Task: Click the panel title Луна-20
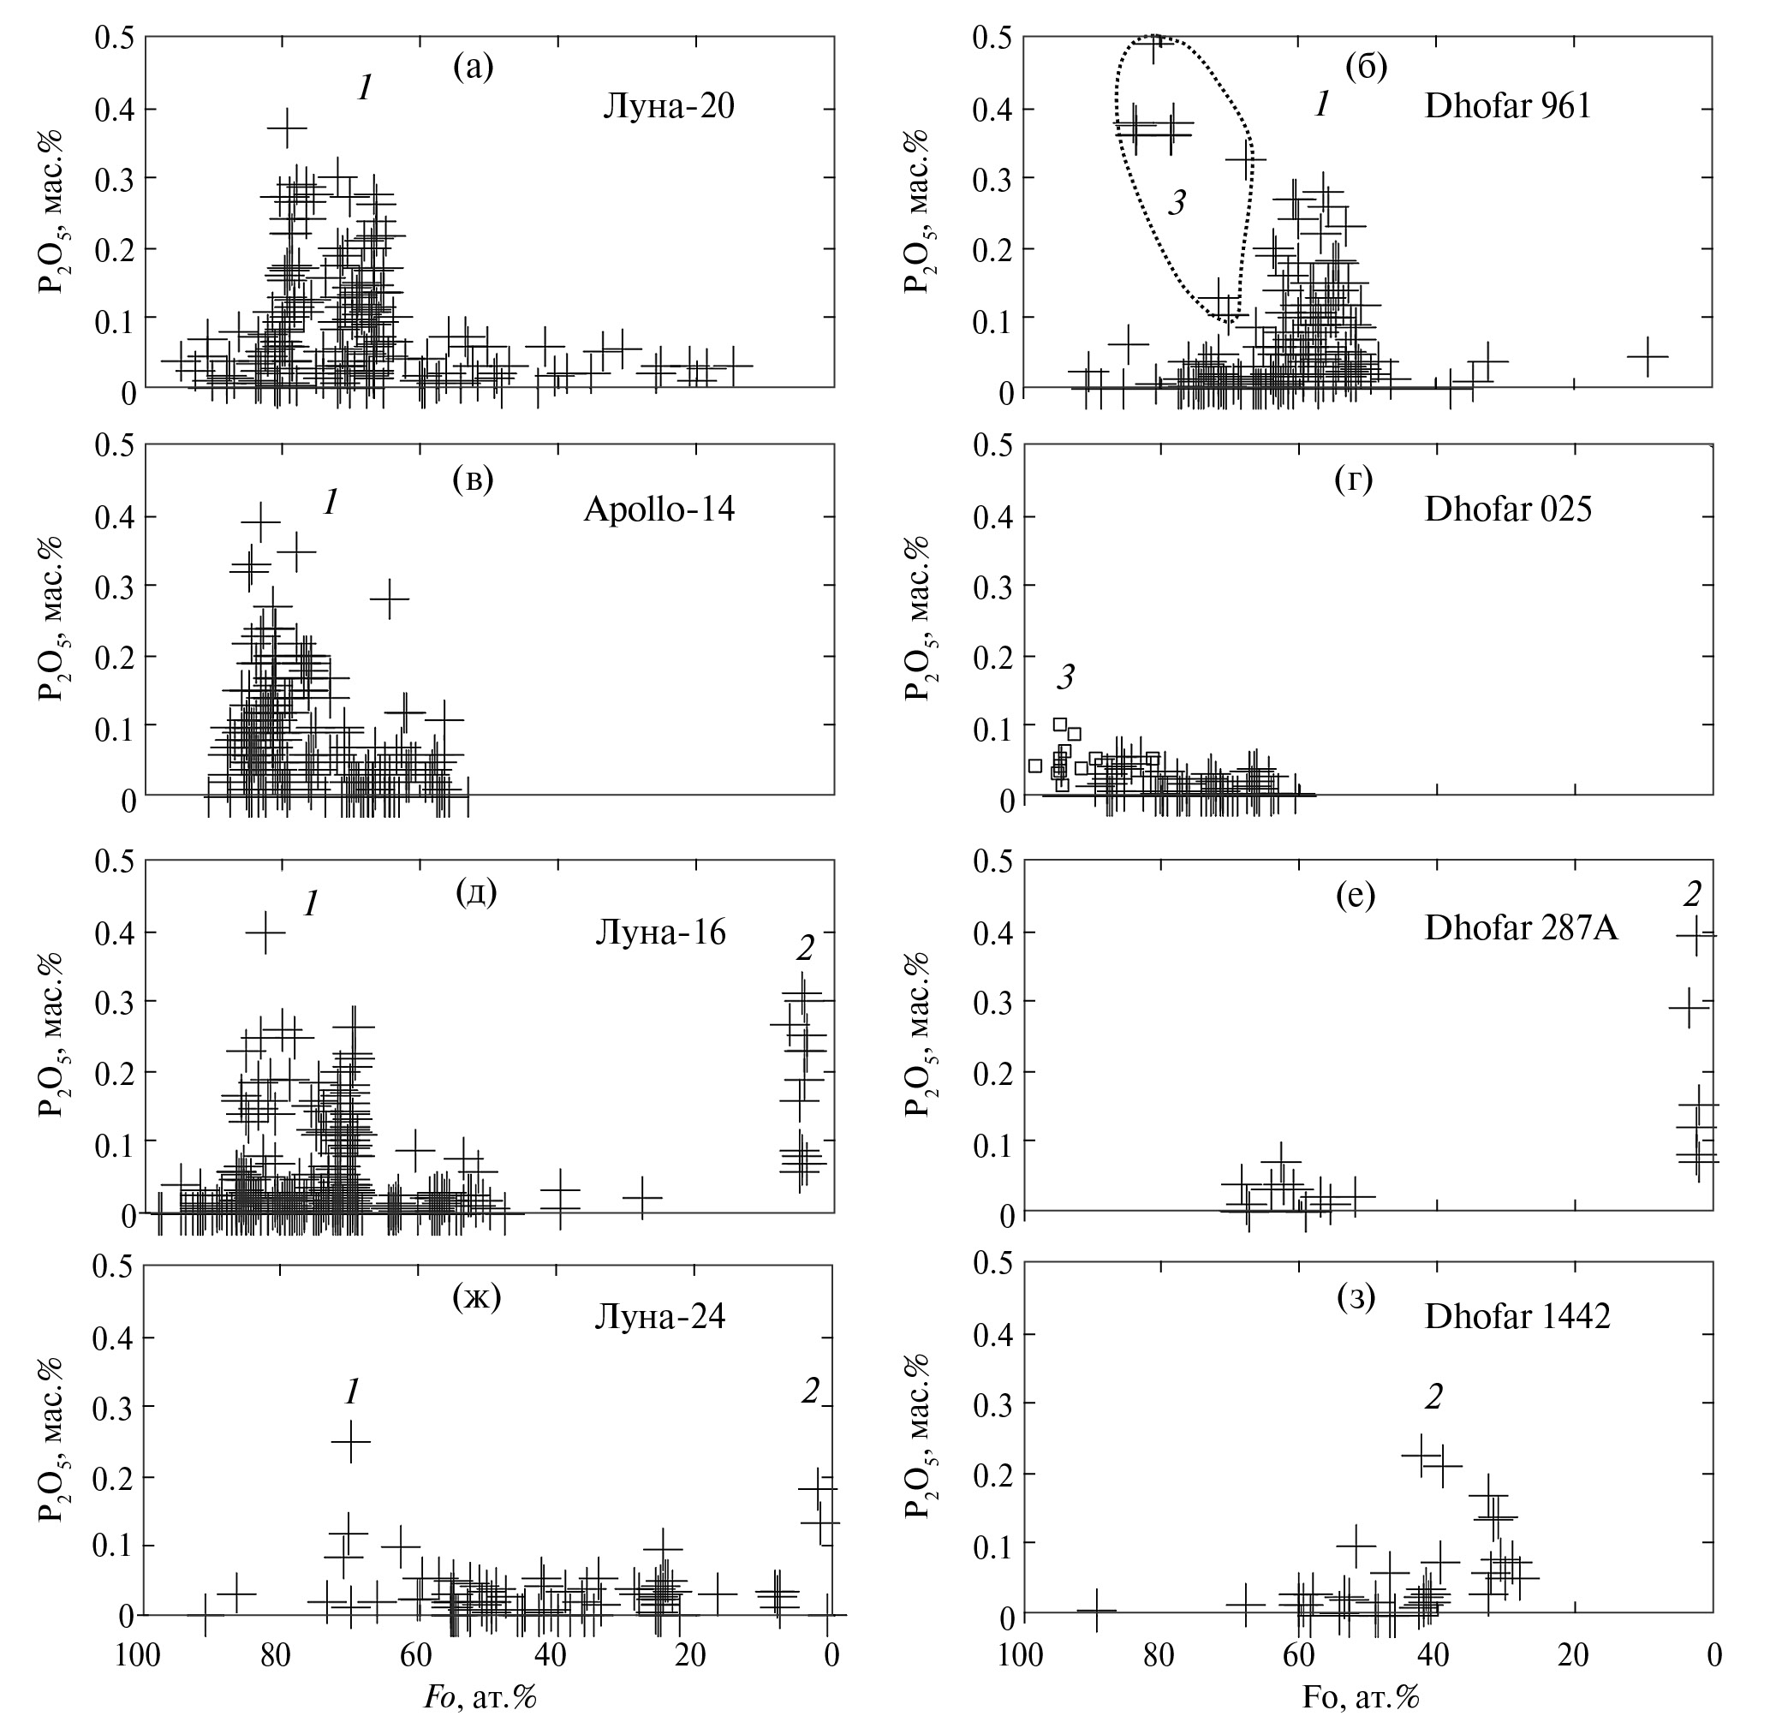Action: [x=669, y=108]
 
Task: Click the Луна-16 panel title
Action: [x=660, y=932]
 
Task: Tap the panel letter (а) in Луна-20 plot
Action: [x=473, y=67]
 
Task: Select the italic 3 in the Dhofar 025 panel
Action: [x=1066, y=676]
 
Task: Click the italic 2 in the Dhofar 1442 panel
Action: [x=1433, y=1397]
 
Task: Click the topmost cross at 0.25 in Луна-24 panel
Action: [x=350, y=1442]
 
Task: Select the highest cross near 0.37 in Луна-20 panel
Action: [x=288, y=128]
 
